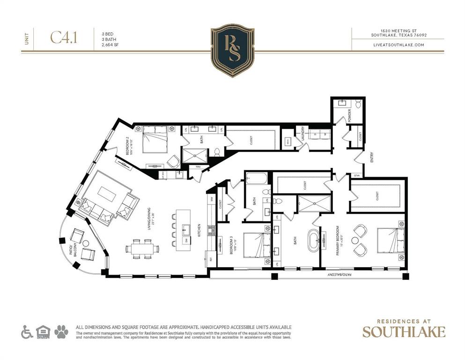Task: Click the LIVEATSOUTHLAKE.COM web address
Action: pos(399,45)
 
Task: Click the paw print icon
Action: pos(61,332)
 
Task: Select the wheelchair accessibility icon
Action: pos(27,332)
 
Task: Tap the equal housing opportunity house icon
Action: pos(43,332)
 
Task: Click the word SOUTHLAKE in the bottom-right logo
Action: pos(404,332)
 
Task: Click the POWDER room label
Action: pos(349,115)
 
